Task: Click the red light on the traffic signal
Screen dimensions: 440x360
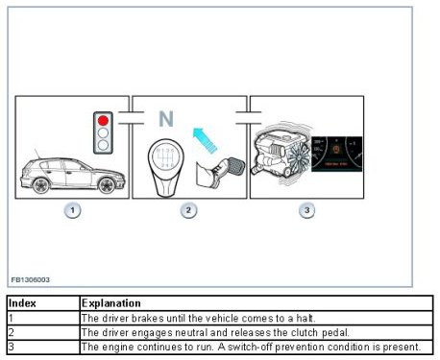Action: click(x=103, y=120)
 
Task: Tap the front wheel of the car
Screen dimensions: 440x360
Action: click(x=107, y=185)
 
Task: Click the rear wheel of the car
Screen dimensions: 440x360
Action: click(x=41, y=185)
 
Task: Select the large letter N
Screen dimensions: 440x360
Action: click(x=166, y=119)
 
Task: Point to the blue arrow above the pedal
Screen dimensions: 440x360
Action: click(x=205, y=140)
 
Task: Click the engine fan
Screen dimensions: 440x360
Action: click(x=299, y=157)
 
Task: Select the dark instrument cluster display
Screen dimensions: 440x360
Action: click(x=337, y=154)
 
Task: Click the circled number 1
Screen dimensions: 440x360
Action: click(x=72, y=210)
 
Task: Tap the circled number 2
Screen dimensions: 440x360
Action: click(x=188, y=210)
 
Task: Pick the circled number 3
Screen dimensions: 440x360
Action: click(x=306, y=210)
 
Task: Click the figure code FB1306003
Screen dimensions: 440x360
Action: click(x=31, y=280)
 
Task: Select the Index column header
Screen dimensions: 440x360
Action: click(x=22, y=303)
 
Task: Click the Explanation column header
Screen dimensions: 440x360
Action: click(x=110, y=303)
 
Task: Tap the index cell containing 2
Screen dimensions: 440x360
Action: click(x=43, y=333)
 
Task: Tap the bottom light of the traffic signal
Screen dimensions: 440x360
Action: click(x=103, y=145)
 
